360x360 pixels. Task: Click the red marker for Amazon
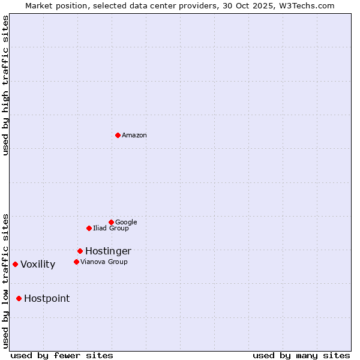coord(118,135)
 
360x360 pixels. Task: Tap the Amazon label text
coord(134,135)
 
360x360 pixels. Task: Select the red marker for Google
coord(111,222)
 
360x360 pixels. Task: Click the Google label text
coord(126,222)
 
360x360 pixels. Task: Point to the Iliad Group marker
coord(89,228)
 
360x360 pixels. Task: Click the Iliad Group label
coord(111,228)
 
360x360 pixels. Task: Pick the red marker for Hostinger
coord(80,251)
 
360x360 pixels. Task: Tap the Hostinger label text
coord(108,251)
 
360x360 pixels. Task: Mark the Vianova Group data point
coord(76,262)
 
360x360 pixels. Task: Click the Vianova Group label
coord(104,262)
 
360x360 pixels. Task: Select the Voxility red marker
coord(15,264)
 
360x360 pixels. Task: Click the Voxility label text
coord(38,265)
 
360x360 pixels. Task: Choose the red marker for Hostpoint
coord(19,298)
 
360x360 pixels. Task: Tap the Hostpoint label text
coord(47,299)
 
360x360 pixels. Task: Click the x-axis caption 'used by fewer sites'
coord(62,355)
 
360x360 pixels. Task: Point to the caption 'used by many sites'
coord(301,355)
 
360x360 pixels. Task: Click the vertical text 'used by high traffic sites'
coord(5,85)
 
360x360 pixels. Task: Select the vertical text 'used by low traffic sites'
coord(5,280)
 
